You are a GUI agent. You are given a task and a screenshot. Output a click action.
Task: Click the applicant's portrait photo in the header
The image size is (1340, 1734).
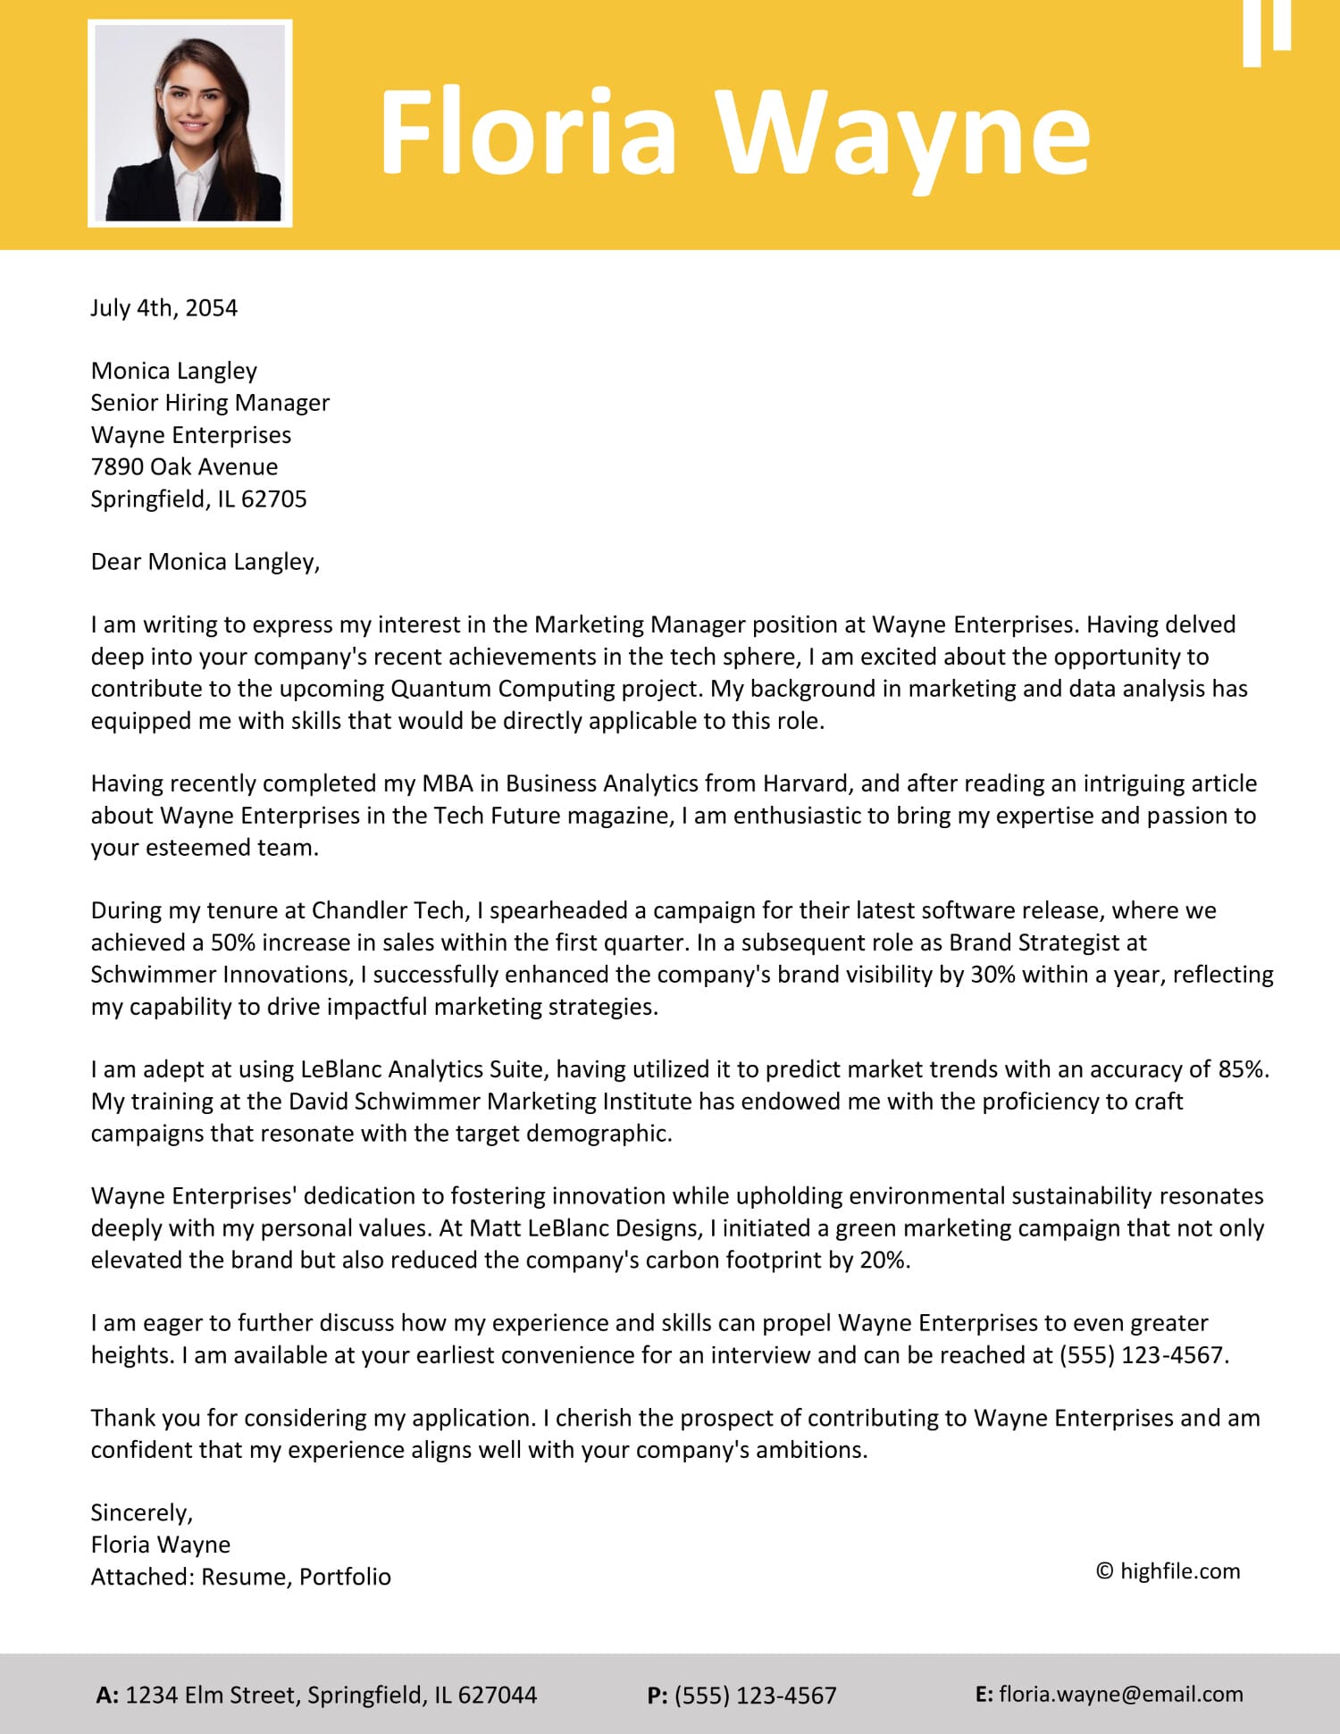[x=190, y=123]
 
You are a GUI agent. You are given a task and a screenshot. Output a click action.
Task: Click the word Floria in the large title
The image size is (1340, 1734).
[x=527, y=132]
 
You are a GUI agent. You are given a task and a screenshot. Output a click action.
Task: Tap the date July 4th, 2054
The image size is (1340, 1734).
[x=164, y=308]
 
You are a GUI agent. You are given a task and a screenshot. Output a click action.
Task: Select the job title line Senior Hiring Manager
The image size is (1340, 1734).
[x=210, y=403]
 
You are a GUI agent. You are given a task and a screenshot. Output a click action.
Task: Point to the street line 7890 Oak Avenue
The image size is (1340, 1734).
[x=184, y=467]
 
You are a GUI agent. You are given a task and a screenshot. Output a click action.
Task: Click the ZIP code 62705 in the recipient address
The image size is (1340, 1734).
[x=274, y=499]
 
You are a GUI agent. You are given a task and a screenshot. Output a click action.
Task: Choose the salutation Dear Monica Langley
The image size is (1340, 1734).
[x=205, y=562]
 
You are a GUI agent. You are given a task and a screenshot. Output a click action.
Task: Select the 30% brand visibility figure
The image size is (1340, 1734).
[x=992, y=975]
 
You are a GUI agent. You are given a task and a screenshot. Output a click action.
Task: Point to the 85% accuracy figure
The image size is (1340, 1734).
[x=1242, y=1069]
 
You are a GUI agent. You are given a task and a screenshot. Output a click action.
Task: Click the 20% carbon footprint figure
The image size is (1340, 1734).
[x=884, y=1261]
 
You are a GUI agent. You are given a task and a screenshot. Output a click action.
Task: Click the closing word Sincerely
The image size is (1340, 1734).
[x=141, y=1512]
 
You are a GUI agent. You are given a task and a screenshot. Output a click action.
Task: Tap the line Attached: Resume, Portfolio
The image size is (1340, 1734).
[x=241, y=1577]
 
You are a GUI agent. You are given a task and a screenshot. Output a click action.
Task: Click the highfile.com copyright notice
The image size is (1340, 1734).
[x=1168, y=1571]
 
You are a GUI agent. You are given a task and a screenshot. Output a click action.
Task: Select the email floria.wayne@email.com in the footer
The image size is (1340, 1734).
[x=1120, y=1695]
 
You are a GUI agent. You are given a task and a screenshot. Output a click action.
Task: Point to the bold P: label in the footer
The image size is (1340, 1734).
[x=657, y=1696]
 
